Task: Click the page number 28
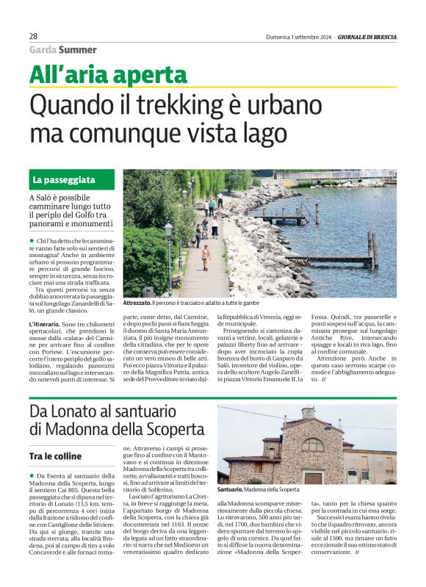(34, 36)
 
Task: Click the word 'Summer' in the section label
(77, 50)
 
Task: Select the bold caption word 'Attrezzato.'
(137, 303)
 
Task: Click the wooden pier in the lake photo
(331, 259)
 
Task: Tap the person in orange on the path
(206, 256)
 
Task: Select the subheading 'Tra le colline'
(57, 456)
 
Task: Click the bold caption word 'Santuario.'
(230, 489)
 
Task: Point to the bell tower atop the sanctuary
(308, 414)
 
